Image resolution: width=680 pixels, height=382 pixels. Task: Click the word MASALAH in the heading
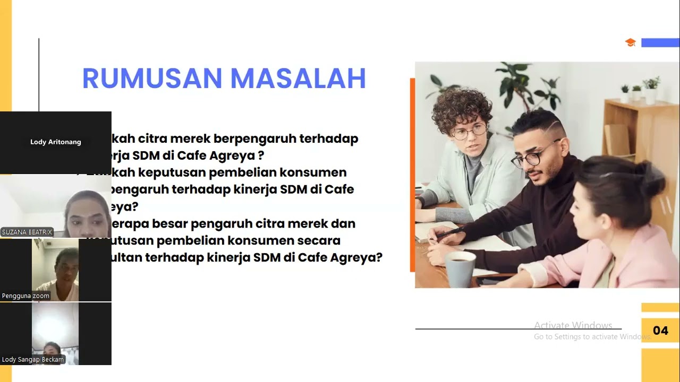click(298, 79)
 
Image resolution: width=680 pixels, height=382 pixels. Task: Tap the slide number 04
click(660, 331)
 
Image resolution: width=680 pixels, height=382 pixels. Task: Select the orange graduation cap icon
click(630, 42)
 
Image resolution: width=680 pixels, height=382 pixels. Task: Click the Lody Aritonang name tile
click(56, 142)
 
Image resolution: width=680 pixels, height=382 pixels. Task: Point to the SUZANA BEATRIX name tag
click(27, 232)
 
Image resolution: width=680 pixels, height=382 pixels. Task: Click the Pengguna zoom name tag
click(25, 296)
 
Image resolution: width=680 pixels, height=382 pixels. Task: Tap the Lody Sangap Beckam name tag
click(33, 360)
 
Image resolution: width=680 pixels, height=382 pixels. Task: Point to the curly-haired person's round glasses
click(469, 131)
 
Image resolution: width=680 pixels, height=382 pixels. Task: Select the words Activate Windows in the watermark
click(573, 325)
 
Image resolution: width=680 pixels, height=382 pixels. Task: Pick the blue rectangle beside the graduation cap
click(660, 42)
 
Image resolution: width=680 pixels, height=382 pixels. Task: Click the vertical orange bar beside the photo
click(412, 175)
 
